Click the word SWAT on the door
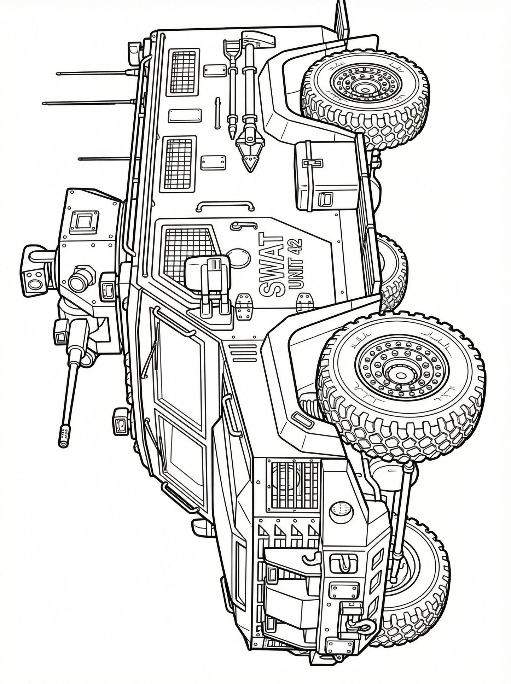272,265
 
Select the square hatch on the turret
85,221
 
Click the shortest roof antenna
104,159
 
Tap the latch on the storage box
312,163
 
